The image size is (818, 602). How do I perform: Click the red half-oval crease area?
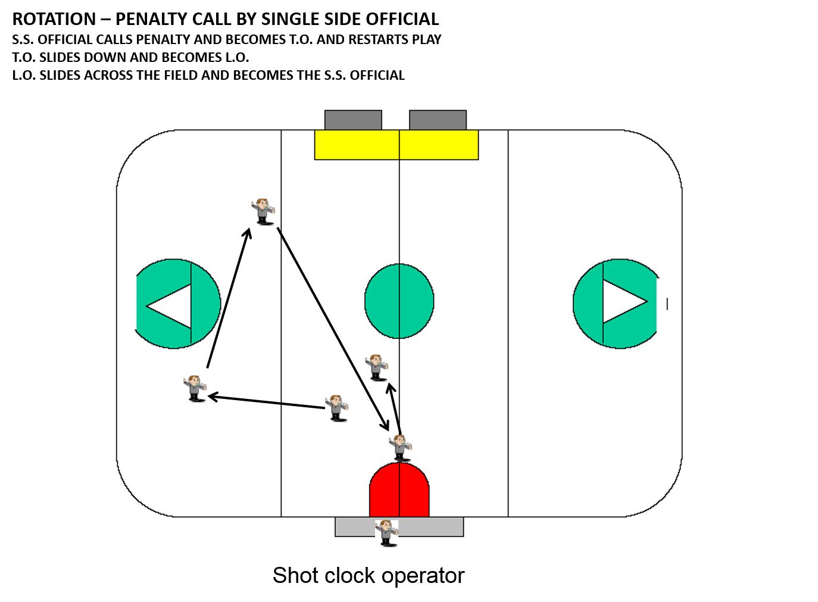[x=399, y=491]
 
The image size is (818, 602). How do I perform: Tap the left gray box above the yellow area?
[x=353, y=120]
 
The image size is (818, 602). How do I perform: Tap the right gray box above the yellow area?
[x=438, y=120]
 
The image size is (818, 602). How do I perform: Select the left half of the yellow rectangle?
[x=357, y=145]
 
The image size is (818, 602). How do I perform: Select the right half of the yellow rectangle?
[x=439, y=145]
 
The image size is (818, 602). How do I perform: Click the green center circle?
[x=399, y=301]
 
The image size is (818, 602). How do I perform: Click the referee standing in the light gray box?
[x=387, y=532]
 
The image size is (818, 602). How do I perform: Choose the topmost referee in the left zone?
[x=263, y=211]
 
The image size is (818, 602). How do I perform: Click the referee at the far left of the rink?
[x=195, y=388]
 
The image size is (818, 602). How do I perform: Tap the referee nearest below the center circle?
[x=376, y=367]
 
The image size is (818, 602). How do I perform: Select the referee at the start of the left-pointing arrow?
[x=336, y=408]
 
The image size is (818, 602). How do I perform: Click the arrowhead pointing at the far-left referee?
[x=210, y=397]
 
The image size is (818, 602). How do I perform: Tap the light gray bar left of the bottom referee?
[x=355, y=527]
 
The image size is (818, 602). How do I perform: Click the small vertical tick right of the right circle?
[x=667, y=304]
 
